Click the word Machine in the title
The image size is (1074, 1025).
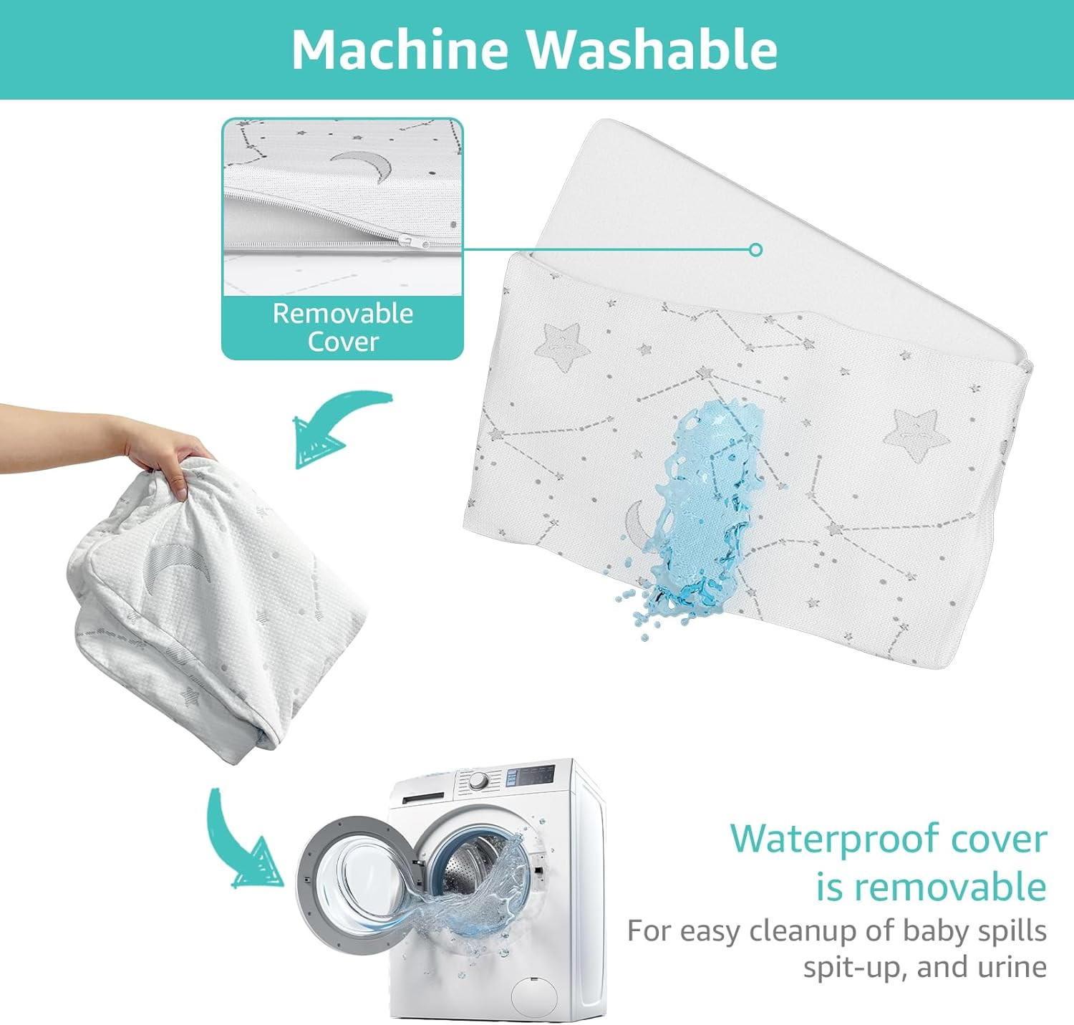[x=400, y=49]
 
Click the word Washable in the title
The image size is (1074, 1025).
[x=652, y=49]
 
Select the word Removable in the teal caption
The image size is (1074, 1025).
[x=343, y=314]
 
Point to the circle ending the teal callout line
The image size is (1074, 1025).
[x=755, y=250]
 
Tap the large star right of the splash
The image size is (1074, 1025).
[x=911, y=433]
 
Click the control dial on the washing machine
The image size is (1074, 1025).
[x=478, y=781]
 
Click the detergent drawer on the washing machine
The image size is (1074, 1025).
[x=423, y=798]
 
